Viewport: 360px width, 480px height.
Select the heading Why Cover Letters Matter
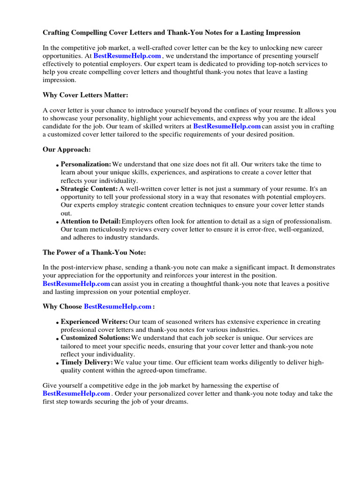tap(85, 95)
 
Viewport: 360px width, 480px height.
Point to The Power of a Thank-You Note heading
tap(94, 252)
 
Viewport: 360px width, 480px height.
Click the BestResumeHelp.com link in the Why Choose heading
tap(118, 307)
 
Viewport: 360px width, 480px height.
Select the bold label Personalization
tap(86, 165)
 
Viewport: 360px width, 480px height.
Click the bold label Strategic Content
tap(89, 189)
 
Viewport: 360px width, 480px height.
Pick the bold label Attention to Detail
tap(90, 221)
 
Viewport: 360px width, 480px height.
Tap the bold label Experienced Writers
tap(94, 322)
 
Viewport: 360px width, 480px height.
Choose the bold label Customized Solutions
tap(96, 338)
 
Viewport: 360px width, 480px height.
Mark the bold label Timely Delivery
tap(86, 362)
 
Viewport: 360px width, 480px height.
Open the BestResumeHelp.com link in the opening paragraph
tap(127, 56)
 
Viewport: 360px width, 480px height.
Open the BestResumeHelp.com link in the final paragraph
tap(76, 394)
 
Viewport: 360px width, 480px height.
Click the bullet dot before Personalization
tap(58, 166)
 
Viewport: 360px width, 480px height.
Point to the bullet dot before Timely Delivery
tap(58, 364)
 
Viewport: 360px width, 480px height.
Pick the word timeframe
tap(190, 370)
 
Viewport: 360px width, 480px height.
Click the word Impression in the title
tap(283, 33)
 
